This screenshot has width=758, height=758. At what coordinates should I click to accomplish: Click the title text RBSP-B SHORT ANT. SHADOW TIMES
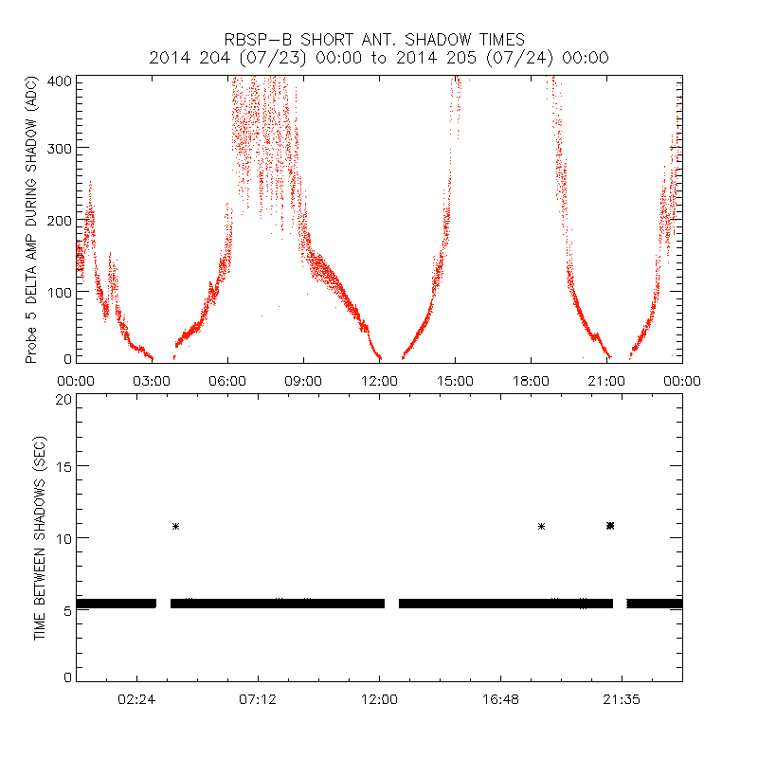pos(379,39)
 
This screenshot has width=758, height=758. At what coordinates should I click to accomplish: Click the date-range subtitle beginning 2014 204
pos(379,58)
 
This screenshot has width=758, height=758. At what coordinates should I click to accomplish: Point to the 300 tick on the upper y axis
pos(60,148)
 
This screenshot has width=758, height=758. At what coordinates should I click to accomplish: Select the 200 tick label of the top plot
pos(60,220)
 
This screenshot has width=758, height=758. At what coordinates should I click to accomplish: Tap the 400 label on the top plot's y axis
pos(60,81)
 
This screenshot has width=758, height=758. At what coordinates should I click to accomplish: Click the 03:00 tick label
pos(152,380)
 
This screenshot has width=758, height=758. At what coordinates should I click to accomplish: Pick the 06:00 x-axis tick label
pos(227,380)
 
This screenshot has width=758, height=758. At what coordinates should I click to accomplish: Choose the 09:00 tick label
pos(303,380)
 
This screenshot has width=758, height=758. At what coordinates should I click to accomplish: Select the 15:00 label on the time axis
pos(455,380)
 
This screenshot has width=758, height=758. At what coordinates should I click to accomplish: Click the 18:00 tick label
pos(531,380)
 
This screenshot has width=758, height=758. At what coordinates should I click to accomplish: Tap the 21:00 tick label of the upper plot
pos(606,380)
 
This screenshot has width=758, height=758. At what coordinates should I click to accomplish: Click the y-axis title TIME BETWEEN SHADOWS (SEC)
pos(41,538)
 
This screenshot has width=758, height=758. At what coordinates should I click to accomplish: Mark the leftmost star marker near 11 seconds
pos(176,526)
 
